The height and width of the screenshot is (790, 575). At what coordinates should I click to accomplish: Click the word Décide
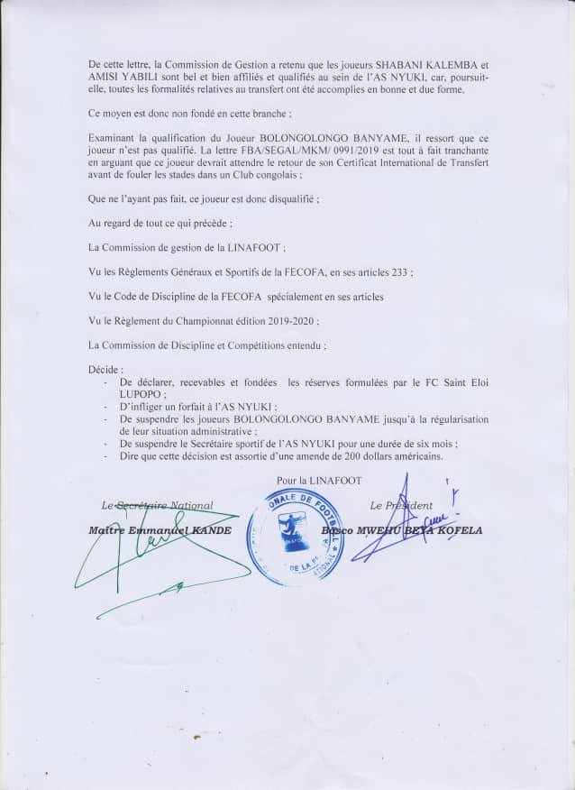pos(105,370)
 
